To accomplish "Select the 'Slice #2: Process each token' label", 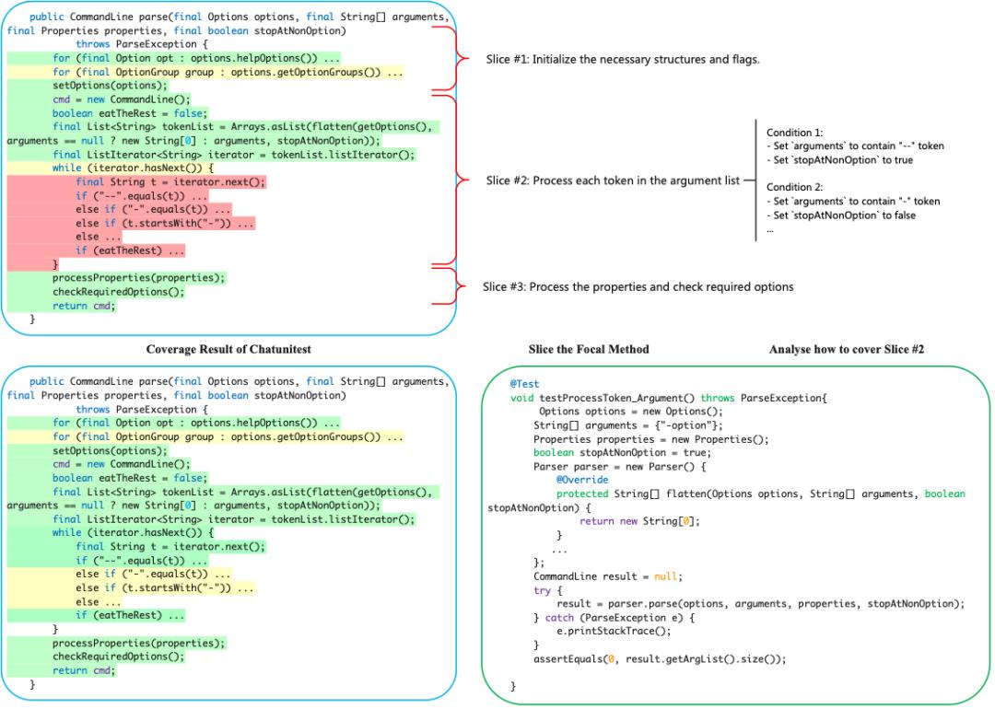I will point(613,180).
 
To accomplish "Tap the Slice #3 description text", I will point(638,287).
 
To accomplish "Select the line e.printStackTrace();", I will point(615,632).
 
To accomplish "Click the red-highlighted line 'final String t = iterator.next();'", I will point(171,182).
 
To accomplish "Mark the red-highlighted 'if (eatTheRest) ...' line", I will point(131,250).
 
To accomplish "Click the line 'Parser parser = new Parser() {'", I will point(603,466).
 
